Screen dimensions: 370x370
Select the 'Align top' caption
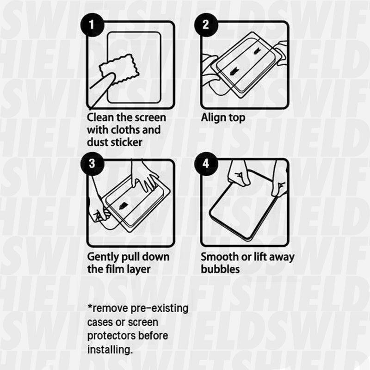tap(223, 117)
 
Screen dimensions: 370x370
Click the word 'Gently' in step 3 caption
tap(104, 257)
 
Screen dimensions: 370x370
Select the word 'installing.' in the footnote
tap(110, 349)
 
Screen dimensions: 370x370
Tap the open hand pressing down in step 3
tap(144, 178)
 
